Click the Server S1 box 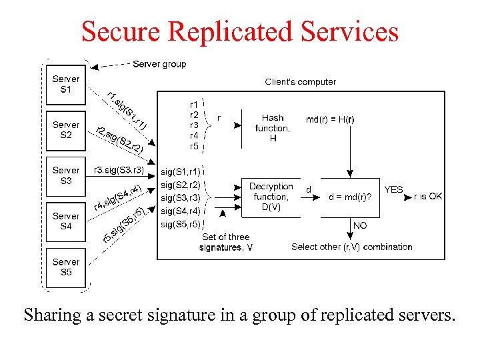coord(66,84)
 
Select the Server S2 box coord(66,130)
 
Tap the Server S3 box coord(66,175)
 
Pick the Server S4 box coord(66,221)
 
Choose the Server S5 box coord(66,267)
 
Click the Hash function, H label coord(273,128)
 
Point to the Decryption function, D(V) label coord(271,197)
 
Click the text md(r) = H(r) coord(330,120)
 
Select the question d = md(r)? coord(351,197)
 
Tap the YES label coord(393,189)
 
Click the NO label coord(360,226)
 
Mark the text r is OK coord(427,197)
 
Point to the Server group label coord(159,64)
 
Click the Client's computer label coord(301,82)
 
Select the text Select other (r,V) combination coord(352,247)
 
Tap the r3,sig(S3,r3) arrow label coord(119,170)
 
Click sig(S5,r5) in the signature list coord(180,224)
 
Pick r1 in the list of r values coord(194,105)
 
